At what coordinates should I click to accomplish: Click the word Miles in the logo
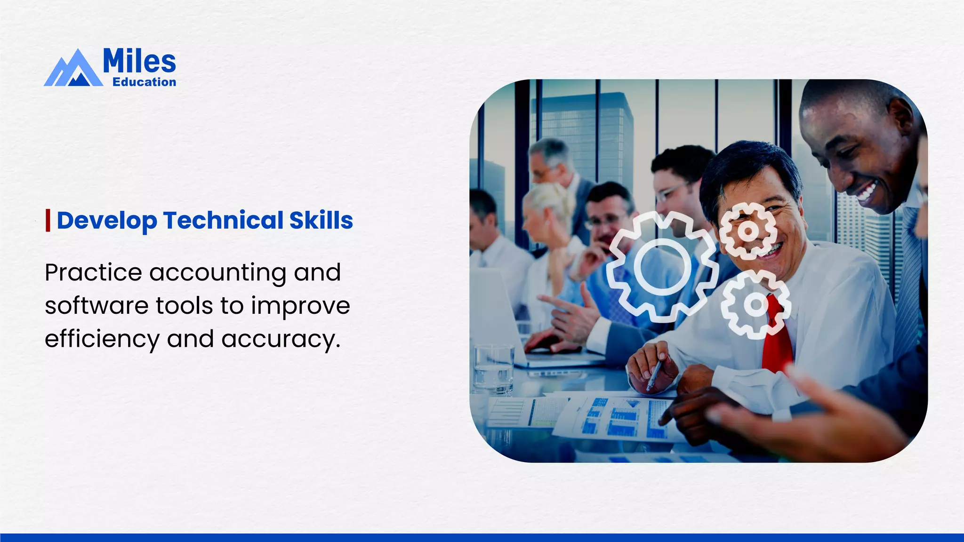(139, 61)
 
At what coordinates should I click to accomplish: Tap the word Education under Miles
(144, 82)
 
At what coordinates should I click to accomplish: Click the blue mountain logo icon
(73, 70)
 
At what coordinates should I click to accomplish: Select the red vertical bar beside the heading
(48, 221)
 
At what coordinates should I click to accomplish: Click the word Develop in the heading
(107, 221)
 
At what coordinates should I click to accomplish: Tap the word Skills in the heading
(321, 221)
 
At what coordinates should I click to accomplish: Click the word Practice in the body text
(93, 272)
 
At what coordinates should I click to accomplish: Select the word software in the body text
(96, 306)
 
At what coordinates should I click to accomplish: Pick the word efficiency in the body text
(102, 339)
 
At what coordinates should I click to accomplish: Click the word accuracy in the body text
(280, 339)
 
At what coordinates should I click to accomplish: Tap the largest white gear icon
(662, 267)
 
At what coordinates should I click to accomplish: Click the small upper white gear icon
(747, 231)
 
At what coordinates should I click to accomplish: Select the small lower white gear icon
(756, 305)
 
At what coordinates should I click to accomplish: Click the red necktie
(777, 339)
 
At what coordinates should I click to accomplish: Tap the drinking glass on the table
(494, 370)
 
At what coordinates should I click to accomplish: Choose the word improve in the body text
(300, 306)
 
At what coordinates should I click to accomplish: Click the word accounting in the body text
(217, 273)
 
